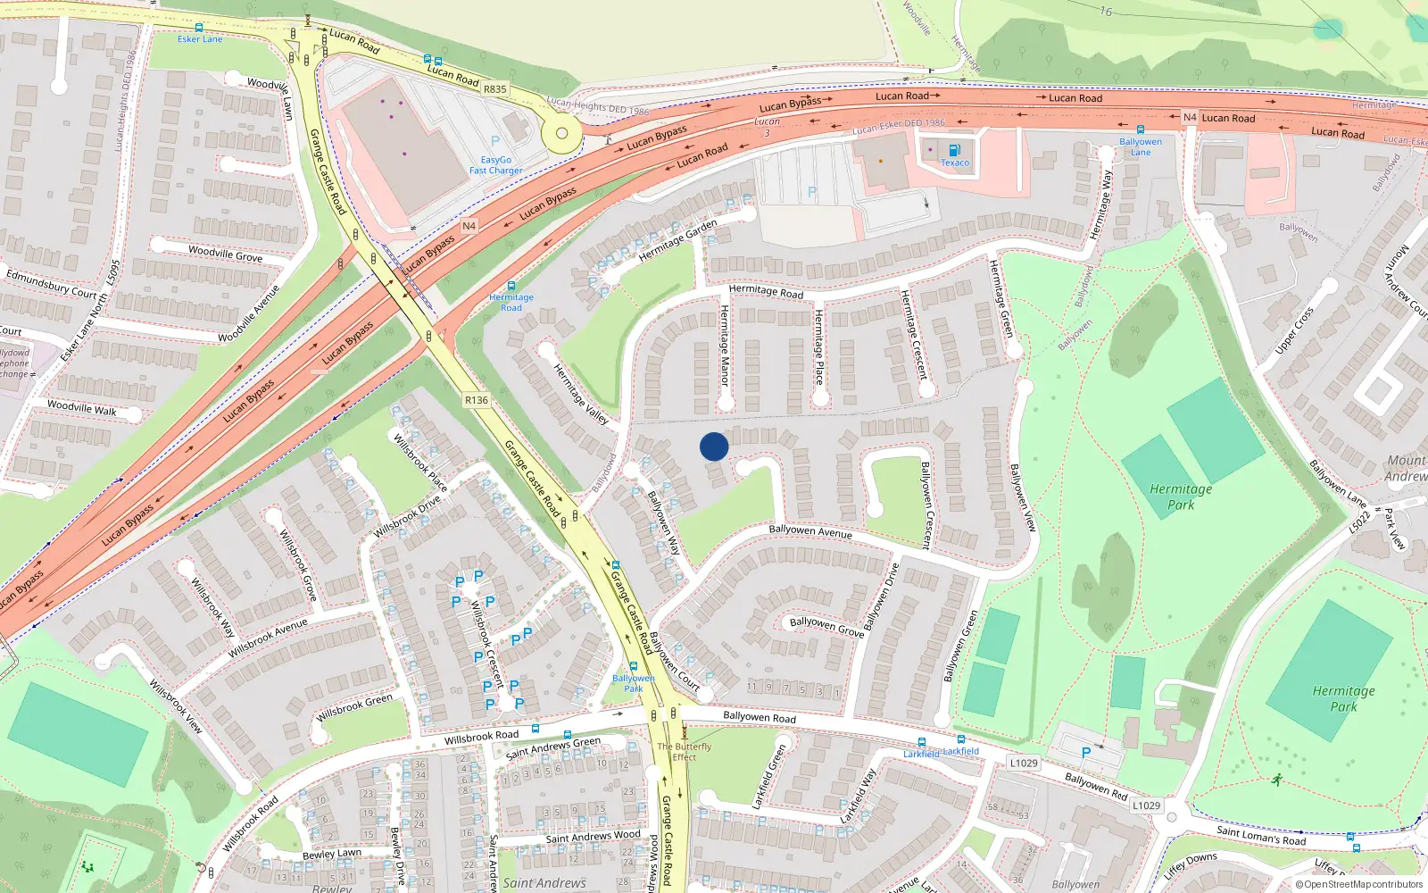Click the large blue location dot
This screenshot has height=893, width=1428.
pos(714,446)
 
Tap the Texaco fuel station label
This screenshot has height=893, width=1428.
pos(954,163)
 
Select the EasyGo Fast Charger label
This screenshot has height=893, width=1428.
pos(496,165)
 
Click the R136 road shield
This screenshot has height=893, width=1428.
pos(477,400)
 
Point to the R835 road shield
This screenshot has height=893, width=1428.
pos(494,89)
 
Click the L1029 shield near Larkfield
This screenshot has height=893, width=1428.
pos(1024,763)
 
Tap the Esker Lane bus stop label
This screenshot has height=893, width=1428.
pos(200,39)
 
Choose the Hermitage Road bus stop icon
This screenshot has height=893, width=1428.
pos(511,286)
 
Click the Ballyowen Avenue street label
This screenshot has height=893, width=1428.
pos(810,531)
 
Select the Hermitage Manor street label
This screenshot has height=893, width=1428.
pos(725,346)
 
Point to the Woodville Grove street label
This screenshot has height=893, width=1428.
pos(225,254)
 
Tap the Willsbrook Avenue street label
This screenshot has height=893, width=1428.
pos(268,638)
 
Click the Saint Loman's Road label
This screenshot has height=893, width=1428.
pos(1261,836)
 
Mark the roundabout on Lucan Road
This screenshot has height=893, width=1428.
pos(561,134)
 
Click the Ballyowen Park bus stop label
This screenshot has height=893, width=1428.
pos(634,683)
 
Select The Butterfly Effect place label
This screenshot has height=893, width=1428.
pos(685,752)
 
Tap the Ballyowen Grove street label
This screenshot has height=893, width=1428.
pos(826,626)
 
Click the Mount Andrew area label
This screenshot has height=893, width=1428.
pos(1406,468)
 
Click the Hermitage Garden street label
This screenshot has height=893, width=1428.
pos(678,240)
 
